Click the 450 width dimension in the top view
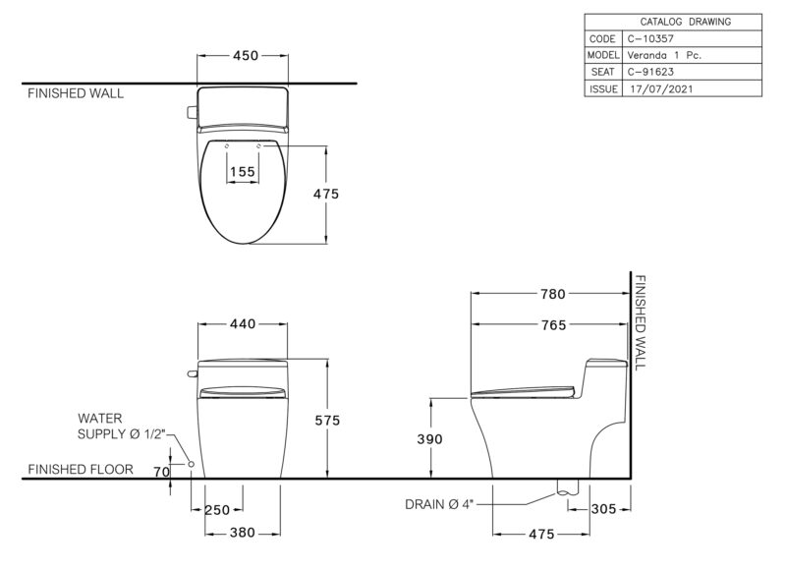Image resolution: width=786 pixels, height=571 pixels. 246,55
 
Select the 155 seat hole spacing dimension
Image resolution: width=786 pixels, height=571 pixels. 243,172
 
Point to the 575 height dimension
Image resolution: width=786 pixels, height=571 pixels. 327,420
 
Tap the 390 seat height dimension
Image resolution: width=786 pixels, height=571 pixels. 430,439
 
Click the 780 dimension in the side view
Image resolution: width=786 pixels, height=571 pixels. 553,294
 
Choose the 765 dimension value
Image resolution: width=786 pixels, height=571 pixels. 553,325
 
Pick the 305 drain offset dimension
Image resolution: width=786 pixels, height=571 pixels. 603,509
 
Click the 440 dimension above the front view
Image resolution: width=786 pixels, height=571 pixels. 243,324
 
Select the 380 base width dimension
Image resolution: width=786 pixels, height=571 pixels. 243,533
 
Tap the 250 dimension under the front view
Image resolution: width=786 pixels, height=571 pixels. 217,510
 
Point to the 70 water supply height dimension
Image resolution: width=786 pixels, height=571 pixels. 161,472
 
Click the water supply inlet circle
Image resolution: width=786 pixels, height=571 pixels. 191,464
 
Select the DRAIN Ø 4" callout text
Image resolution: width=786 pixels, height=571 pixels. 439,504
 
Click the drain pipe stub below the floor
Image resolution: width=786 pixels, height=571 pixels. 568,486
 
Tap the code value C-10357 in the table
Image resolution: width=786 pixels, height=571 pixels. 650,38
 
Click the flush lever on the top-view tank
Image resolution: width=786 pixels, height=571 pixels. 192,112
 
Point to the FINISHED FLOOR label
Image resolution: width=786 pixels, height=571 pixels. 81,469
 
